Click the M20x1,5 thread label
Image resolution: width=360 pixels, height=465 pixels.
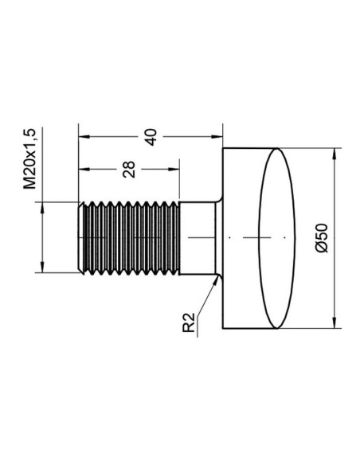[29, 158]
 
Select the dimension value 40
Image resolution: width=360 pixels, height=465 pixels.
[151, 137]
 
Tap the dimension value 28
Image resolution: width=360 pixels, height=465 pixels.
[129, 170]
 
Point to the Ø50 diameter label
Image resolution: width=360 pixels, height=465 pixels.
[322, 238]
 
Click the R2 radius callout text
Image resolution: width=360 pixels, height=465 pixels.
[189, 322]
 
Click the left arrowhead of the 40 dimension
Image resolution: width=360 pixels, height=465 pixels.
[84, 137]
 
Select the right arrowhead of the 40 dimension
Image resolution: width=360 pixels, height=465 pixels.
[217, 137]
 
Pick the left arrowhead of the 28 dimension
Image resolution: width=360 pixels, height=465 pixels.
[84, 170]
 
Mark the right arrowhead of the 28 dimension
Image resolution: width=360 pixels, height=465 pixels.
[174, 170]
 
